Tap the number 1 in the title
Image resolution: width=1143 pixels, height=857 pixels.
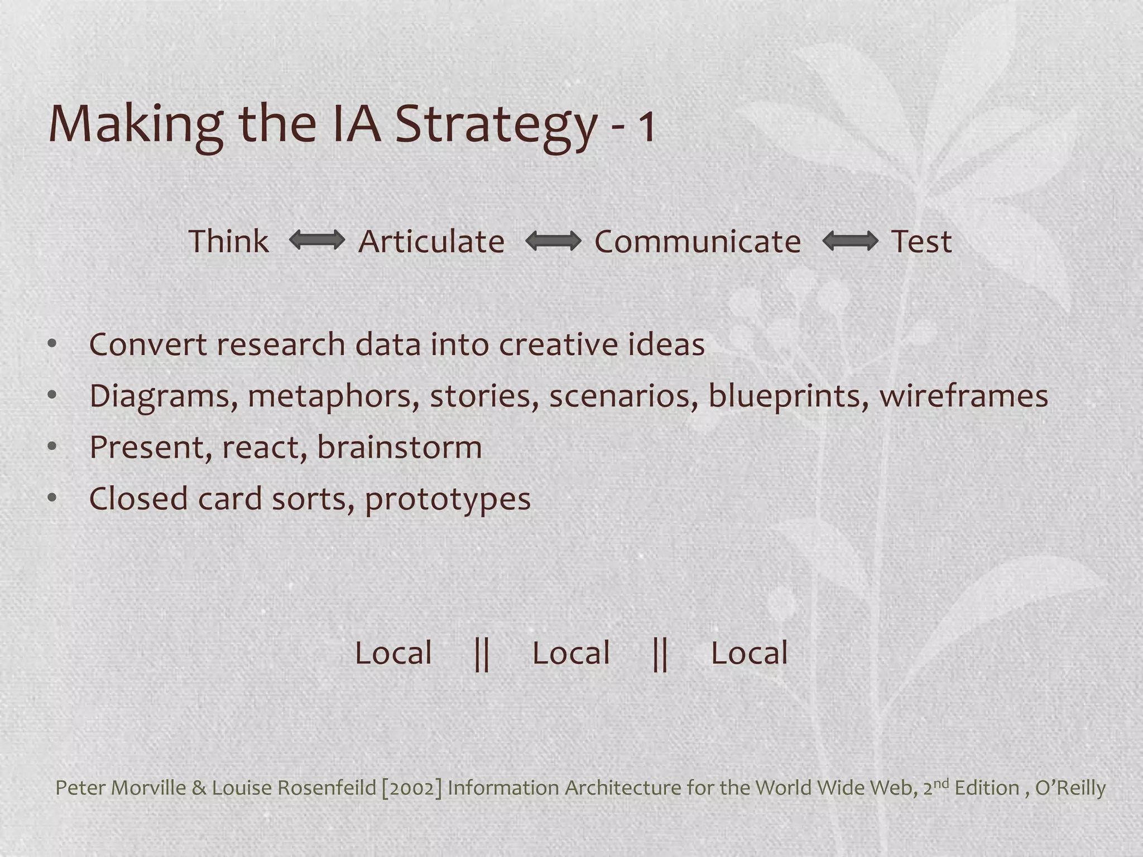tap(647, 127)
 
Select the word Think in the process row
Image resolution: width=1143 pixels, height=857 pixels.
tap(229, 241)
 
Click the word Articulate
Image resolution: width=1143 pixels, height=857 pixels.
tap(431, 241)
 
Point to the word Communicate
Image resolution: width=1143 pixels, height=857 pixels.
tap(698, 241)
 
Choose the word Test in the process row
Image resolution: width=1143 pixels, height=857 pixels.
tap(921, 241)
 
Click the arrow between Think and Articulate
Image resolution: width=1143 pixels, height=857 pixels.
tap(317, 241)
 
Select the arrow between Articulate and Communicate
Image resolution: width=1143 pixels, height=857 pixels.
tap(553, 241)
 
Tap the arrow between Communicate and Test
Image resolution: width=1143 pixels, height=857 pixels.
tap(850, 241)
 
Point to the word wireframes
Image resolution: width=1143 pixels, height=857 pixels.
tap(964, 396)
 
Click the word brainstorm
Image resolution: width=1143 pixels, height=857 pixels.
tap(400, 447)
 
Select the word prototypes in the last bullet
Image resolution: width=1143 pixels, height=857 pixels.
tap(448, 499)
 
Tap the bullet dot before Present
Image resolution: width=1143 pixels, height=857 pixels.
tap(52, 446)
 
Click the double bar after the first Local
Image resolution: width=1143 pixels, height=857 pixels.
tap(482, 653)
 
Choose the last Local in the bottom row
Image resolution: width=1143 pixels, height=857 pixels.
tap(749, 653)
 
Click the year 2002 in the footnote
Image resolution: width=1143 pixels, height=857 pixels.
tap(412, 788)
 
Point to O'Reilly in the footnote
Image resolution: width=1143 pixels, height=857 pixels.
tap(1070, 788)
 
